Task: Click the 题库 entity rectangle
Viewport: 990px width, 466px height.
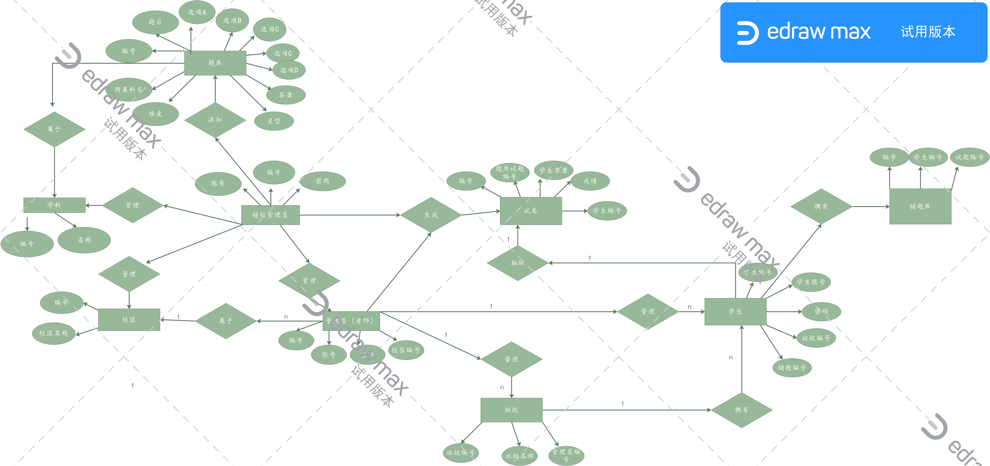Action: pyautogui.click(x=215, y=63)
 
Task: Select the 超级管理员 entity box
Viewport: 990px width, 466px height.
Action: pyautogui.click(x=270, y=215)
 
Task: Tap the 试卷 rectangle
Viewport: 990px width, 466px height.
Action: pyautogui.click(x=530, y=211)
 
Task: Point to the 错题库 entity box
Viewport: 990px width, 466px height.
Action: pyautogui.click(x=920, y=206)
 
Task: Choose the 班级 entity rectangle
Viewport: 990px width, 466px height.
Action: pyautogui.click(x=511, y=410)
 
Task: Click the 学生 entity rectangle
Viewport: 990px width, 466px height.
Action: pyautogui.click(x=735, y=311)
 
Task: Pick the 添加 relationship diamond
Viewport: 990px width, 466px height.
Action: pyautogui.click(x=215, y=120)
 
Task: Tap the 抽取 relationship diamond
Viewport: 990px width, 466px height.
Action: pyautogui.click(x=517, y=263)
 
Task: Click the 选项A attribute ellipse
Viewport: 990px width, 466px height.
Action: pyautogui.click(x=197, y=12)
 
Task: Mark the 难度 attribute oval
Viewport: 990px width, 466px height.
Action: pyautogui.click(x=155, y=114)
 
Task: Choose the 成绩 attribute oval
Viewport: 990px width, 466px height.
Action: pyautogui.click(x=590, y=181)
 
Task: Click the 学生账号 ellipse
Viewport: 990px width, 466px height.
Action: pyautogui.click(x=811, y=282)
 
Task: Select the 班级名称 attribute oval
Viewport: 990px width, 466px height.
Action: pyautogui.click(x=520, y=456)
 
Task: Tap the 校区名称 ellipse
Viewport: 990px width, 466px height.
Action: pyautogui.click(x=53, y=333)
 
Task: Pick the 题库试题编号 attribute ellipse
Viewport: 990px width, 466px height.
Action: pyautogui.click(x=510, y=172)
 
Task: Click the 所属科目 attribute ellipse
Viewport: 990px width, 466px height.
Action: pyautogui.click(x=128, y=90)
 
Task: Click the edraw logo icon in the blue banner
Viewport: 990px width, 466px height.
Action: pyautogui.click(x=747, y=33)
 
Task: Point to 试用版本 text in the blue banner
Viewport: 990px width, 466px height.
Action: pyautogui.click(x=928, y=32)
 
